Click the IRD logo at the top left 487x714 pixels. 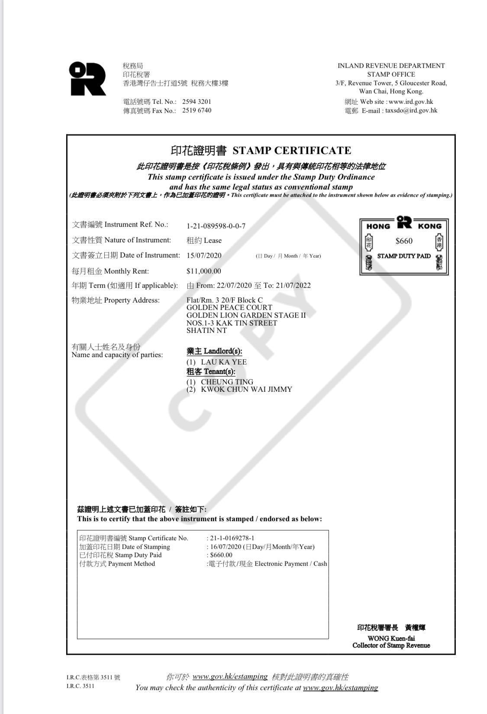tap(87, 78)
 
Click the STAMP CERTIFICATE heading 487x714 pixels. tap(291, 151)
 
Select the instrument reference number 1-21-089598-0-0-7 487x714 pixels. tap(216, 226)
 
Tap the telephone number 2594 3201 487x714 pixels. tap(197, 102)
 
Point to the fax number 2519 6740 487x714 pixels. tap(197, 110)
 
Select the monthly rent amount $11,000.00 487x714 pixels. tap(203, 271)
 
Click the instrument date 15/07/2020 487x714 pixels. tap(204, 255)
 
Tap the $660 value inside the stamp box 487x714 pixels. tap(404, 241)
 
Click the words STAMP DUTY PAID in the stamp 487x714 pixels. tap(404, 256)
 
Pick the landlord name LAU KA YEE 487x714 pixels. tap(224, 362)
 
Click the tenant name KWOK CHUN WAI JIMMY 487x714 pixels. tap(246, 389)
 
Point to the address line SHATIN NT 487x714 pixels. tap(206, 330)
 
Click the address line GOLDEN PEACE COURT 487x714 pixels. tap(229, 307)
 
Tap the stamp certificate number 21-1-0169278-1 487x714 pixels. tap(232, 538)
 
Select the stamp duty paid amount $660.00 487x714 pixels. tap(221, 555)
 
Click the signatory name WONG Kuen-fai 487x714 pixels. tap(391, 638)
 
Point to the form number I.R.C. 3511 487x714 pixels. tap(80, 686)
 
